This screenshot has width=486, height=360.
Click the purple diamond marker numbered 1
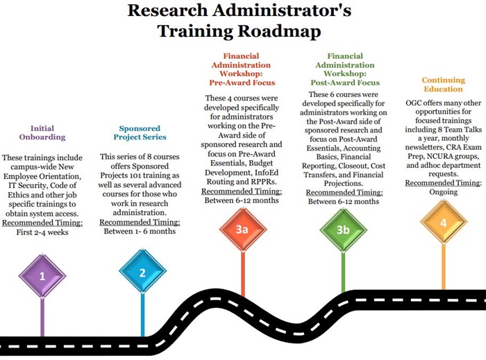tap(42, 275)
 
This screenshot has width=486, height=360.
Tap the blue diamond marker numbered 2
tap(142, 273)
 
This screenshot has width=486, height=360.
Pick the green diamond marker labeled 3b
tap(342, 230)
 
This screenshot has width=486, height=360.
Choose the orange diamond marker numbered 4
tap(444, 224)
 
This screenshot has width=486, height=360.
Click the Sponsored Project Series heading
tap(140, 133)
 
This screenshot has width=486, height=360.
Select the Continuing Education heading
tap(443, 85)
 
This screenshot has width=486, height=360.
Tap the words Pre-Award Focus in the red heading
tap(240, 80)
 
